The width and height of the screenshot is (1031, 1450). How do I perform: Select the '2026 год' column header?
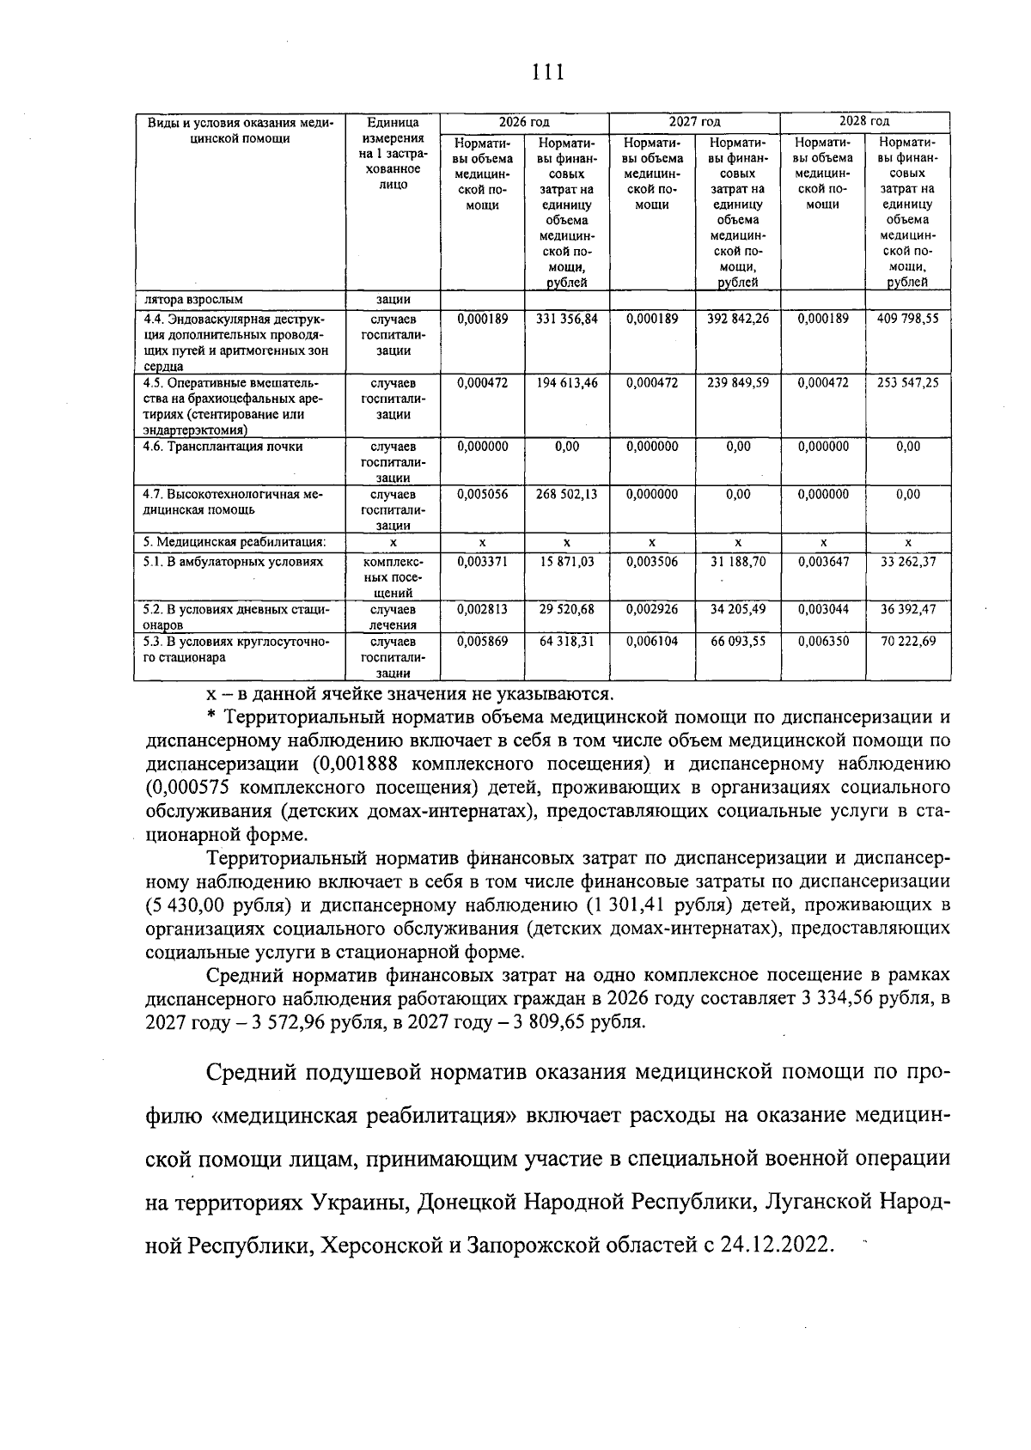(524, 122)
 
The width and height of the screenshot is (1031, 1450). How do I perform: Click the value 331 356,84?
(566, 319)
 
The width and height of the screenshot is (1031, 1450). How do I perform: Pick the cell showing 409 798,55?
(907, 319)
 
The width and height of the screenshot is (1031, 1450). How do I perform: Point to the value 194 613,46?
(566, 383)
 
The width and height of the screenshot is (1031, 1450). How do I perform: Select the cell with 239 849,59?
(737, 383)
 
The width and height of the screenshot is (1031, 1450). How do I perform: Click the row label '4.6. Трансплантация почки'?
(223, 447)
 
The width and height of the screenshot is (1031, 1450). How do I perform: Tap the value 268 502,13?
(566, 495)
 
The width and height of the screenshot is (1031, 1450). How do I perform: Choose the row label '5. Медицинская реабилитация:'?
(235, 543)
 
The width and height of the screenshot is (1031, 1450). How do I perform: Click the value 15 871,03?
(566, 562)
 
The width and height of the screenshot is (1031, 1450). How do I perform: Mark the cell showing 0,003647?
(822, 562)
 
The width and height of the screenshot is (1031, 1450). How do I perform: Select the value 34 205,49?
(737, 610)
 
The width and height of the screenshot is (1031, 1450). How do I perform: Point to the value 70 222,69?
(907, 642)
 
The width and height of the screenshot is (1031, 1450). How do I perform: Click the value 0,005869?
(482, 642)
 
